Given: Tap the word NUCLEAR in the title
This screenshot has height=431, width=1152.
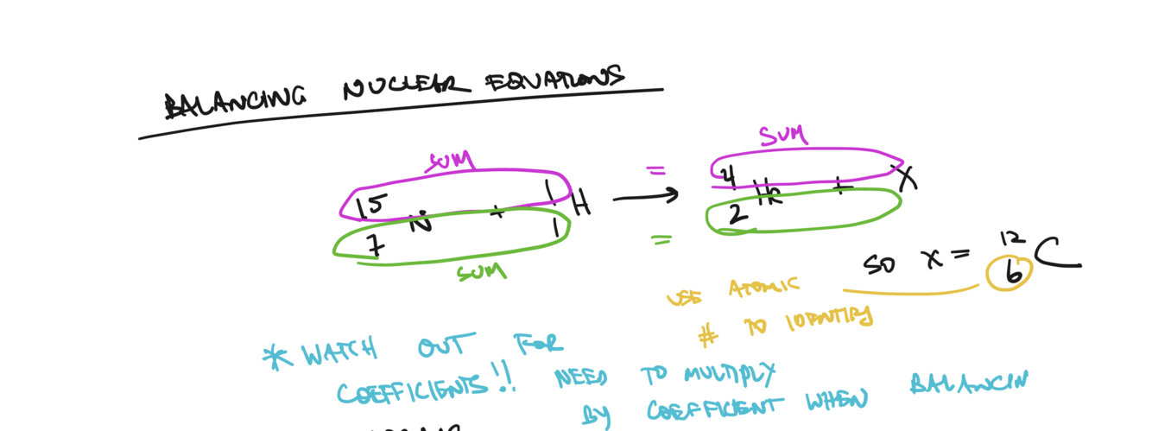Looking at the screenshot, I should (x=406, y=87).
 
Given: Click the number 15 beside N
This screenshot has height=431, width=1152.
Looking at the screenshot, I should (x=372, y=206).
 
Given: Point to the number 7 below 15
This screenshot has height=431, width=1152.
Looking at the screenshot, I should (x=375, y=245).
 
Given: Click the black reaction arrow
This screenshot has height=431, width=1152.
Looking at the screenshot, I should (x=646, y=198).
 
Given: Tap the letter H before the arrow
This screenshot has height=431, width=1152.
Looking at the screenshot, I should (x=581, y=205).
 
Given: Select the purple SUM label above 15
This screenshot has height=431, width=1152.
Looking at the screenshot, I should (x=450, y=161).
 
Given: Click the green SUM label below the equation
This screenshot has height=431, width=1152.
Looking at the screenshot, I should (x=481, y=273).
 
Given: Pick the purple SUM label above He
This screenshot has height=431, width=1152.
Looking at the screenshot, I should (x=782, y=136).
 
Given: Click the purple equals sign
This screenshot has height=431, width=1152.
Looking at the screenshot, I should (x=656, y=171).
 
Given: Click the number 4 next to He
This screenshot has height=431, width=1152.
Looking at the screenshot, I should (x=728, y=177).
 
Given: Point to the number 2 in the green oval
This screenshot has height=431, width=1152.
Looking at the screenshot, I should (x=737, y=214).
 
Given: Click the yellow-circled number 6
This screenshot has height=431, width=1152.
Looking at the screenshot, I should (x=1011, y=273).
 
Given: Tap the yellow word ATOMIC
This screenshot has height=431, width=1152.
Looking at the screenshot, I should (x=764, y=288).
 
